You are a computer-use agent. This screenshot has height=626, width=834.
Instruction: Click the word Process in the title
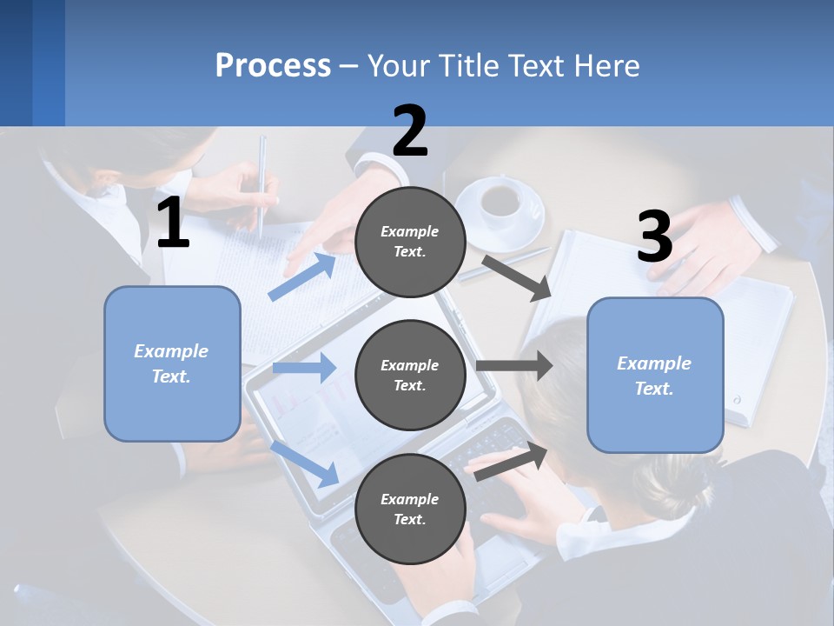tap(273, 65)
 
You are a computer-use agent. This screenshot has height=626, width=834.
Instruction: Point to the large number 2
tap(410, 131)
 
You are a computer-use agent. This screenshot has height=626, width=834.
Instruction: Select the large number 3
tap(654, 237)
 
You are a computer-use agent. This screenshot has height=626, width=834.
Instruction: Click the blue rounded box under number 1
tap(172, 363)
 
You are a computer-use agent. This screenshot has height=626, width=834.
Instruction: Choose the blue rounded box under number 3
tap(655, 375)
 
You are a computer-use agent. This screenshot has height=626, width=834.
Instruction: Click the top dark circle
tap(410, 242)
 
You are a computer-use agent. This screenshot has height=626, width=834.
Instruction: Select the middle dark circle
tap(410, 375)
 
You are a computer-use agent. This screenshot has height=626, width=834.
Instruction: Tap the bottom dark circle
tap(410, 509)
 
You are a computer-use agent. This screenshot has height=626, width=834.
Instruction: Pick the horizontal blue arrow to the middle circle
tap(304, 368)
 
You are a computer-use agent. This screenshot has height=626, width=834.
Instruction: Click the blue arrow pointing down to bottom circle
tap(305, 463)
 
